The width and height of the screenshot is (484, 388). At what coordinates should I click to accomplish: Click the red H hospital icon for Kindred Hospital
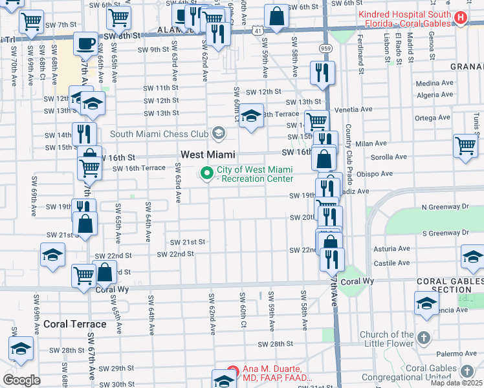tap(460, 17)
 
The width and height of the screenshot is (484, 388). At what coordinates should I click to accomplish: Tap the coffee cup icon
tap(85, 45)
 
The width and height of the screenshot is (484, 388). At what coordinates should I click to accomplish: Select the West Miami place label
tap(208, 155)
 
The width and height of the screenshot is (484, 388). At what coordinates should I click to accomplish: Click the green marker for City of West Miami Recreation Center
tap(208, 173)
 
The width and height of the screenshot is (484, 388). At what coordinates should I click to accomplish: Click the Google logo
tap(21, 380)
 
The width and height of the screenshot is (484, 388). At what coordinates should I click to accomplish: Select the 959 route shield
tap(325, 48)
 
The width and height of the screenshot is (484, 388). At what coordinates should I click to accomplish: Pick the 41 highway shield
tap(258, 30)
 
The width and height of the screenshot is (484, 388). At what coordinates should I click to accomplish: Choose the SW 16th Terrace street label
tap(139, 168)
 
